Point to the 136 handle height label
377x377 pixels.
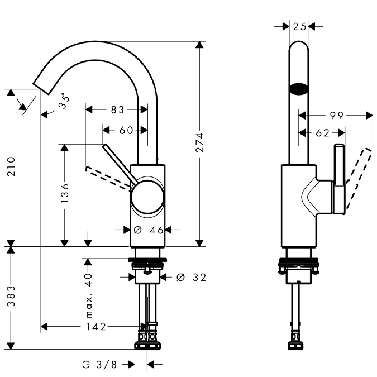point(65,193)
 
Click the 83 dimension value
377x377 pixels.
point(117,110)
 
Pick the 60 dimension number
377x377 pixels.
point(127,130)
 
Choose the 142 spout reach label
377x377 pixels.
point(96,327)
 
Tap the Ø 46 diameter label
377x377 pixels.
point(148,230)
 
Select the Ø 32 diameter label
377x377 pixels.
point(190,277)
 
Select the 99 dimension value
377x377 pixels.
point(336,116)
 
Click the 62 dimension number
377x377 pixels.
point(322,133)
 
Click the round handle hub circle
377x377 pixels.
point(148,197)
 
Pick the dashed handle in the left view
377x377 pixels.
point(109,177)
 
